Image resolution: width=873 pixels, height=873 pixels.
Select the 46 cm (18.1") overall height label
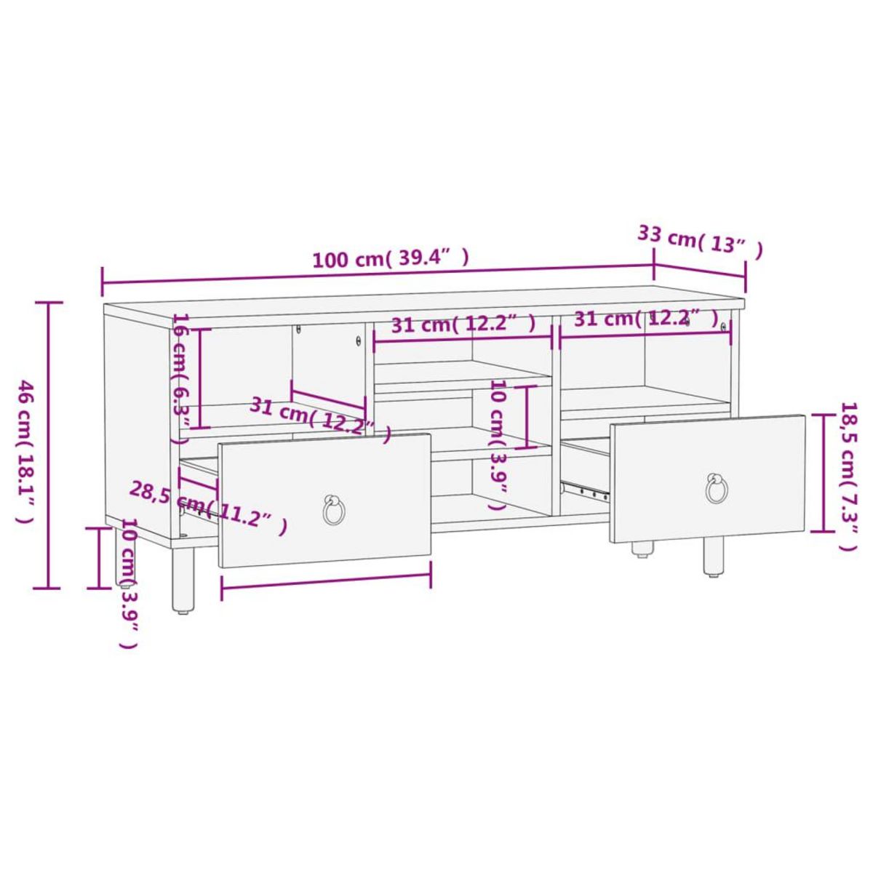tap(25, 451)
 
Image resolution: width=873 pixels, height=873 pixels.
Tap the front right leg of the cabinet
tap(713, 557)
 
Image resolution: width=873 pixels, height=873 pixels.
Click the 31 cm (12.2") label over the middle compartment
tap(463, 323)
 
